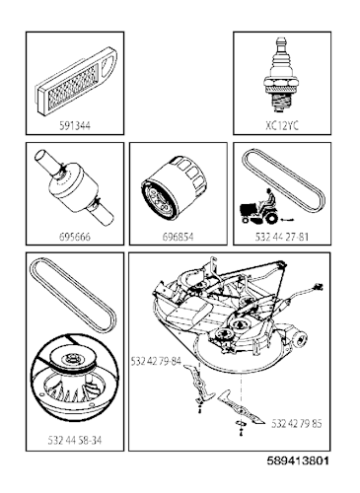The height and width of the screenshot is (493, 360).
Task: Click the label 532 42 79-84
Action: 158,362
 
